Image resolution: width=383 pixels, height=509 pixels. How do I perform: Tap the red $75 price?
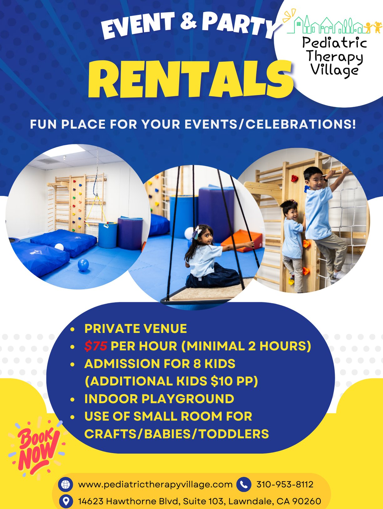(x=96, y=346)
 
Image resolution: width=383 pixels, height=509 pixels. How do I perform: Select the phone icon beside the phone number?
(x=244, y=484)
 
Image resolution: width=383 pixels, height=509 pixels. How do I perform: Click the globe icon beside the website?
(x=65, y=484)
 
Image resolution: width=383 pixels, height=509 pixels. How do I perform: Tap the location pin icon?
(x=66, y=501)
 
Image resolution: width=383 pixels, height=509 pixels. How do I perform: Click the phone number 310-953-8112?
(x=285, y=484)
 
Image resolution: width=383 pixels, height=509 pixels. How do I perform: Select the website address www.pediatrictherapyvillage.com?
(x=155, y=485)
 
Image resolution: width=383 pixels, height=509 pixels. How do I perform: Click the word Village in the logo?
(x=334, y=70)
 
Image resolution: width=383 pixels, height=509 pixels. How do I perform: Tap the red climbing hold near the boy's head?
(x=294, y=178)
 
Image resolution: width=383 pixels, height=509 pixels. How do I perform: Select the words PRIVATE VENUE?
(x=135, y=328)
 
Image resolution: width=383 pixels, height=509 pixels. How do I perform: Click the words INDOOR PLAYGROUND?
(x=159, y=399)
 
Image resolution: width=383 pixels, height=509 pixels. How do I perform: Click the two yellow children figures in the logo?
(x=373, y=27)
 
